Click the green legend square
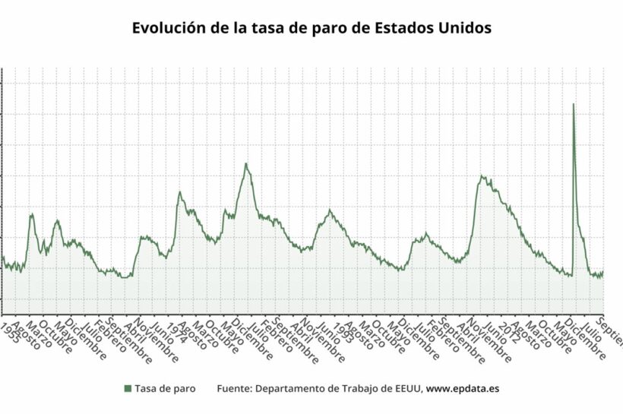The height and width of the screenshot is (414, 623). [127, 388]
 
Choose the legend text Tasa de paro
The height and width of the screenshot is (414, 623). [165, 388]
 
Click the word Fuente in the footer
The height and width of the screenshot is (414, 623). [233, 388]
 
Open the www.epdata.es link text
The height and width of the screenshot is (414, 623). [463, 388]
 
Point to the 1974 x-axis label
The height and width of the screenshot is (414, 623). [176, 329]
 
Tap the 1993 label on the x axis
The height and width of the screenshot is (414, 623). [341, 329]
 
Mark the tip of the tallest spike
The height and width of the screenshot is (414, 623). [573, 104]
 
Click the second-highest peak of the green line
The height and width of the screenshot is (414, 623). [245, 163]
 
